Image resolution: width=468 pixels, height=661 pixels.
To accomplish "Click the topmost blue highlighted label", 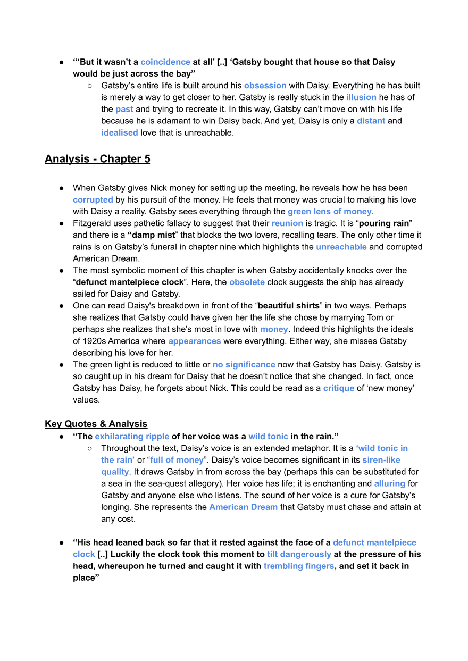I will tap(165, 62).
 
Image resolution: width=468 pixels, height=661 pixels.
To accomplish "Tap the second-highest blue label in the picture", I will tap(265, 86).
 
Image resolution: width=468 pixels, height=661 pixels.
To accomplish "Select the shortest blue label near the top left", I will tap(125, 109).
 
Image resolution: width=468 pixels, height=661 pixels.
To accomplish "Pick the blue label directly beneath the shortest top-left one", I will tap(119, 133).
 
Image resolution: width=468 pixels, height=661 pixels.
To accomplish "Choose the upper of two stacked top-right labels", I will tap(361, 97).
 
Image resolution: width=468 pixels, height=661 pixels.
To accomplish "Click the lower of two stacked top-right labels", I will tap(371, 121).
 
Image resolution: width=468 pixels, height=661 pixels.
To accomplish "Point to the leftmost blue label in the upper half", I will tap(92, 200).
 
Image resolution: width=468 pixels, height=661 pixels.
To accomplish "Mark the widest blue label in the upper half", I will tap(329, 213).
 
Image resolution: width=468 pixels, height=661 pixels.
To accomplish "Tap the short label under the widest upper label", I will tap(287, 224).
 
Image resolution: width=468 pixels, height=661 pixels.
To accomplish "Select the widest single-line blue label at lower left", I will tap(131, 437).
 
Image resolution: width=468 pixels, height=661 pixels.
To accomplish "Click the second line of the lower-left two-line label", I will tap(114, 472).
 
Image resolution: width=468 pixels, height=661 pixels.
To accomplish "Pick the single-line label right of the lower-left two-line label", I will tap(177, 460).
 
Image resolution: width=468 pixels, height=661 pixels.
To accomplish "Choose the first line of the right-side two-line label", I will tap(382, 449).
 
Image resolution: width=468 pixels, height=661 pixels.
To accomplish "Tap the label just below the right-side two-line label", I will tap(390, 484).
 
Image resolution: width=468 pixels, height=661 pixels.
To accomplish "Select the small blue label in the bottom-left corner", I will tap(84, 555).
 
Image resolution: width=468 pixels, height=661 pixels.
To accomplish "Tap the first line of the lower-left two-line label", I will tap(117, 459).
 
